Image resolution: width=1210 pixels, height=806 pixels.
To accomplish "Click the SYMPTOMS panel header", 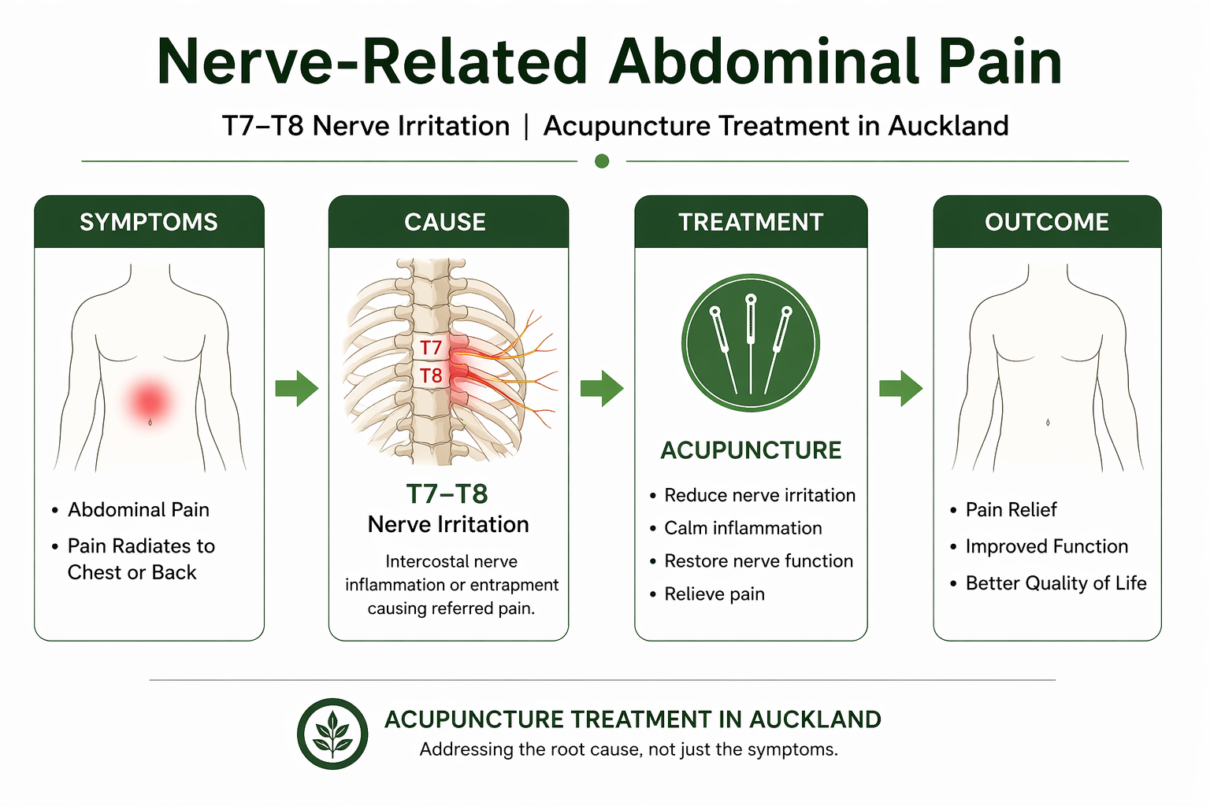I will tap(149, 222).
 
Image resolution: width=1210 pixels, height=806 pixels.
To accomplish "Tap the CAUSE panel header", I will tap(445, 222).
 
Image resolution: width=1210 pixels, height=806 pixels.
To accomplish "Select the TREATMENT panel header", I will tap(751, 222).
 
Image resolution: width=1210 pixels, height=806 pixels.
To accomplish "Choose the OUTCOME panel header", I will tap(1047, 222).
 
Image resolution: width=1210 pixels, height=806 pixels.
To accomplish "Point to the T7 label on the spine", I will tap(431, 348).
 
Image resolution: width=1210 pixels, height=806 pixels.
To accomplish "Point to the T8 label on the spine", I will tap(431, 375).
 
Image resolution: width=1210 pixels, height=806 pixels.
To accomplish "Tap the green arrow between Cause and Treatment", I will tap(602, 387).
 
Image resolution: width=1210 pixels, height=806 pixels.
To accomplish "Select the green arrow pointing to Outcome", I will tap(900, 387).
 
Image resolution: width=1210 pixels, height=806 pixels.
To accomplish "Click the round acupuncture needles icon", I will tap(751, 343).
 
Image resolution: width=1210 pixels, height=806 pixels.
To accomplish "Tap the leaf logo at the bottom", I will tap(332, 734).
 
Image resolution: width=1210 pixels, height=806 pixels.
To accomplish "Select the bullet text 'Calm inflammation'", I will tap(743, 528).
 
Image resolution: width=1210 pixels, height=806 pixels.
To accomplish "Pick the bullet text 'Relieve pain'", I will tap(714, 594).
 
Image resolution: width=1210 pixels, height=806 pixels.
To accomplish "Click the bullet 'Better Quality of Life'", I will tap(1056, 583).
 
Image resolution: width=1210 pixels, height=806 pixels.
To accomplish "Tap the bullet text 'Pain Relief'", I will tap(1011, 510).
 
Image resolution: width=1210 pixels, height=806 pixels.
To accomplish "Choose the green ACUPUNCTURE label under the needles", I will tap(751, 450).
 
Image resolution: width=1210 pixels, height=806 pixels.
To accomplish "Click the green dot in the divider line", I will tap(602, 161).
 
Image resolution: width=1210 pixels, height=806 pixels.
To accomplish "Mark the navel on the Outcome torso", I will tap(1048, 423).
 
